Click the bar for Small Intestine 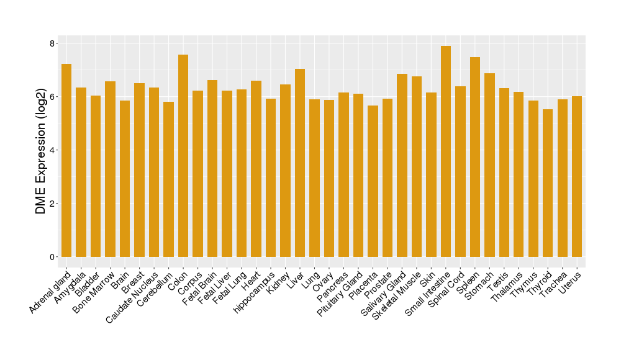click(x=446, y=151)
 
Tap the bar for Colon click(x=183, y=155)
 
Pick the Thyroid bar click(x=548, y=183)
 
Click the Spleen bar click(x=475, y=157)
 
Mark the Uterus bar click(x=577, y=176)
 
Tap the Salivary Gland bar click(x=402, y=165)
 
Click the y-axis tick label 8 click(x=53, y=43)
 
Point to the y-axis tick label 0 click(x=53, y=257)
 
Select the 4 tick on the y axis click(x=53, y=150)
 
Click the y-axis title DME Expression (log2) click(x=41, y=151)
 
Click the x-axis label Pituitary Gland click(x=340, y=295)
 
